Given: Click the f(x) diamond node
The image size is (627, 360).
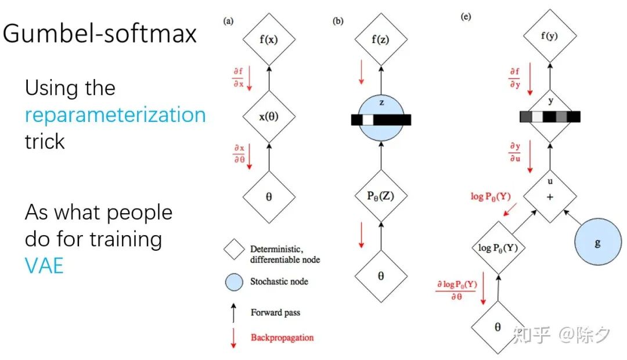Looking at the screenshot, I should pyautogui.click(x=268, y=40).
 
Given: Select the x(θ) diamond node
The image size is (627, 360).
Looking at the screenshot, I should pyautogui.click(x=268, y=116).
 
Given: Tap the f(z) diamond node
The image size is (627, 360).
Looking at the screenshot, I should pyautogui.click(x=381, y=40).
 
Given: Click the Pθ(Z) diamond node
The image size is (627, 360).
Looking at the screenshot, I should pyautogui.click(x=381, y=196).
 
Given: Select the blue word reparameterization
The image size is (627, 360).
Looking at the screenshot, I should pyautogui.click(x=115, y=114).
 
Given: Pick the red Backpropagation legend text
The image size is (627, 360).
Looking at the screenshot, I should pyautogui.click(x=282, y=337).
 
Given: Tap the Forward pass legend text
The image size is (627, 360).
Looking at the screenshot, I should pyautogui.click(x=276, y=312).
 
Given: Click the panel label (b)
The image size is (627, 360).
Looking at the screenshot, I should pyautogui.click(x=337, y=21).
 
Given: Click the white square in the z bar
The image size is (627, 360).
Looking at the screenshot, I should pyautogui.click(x=368, y=120).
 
